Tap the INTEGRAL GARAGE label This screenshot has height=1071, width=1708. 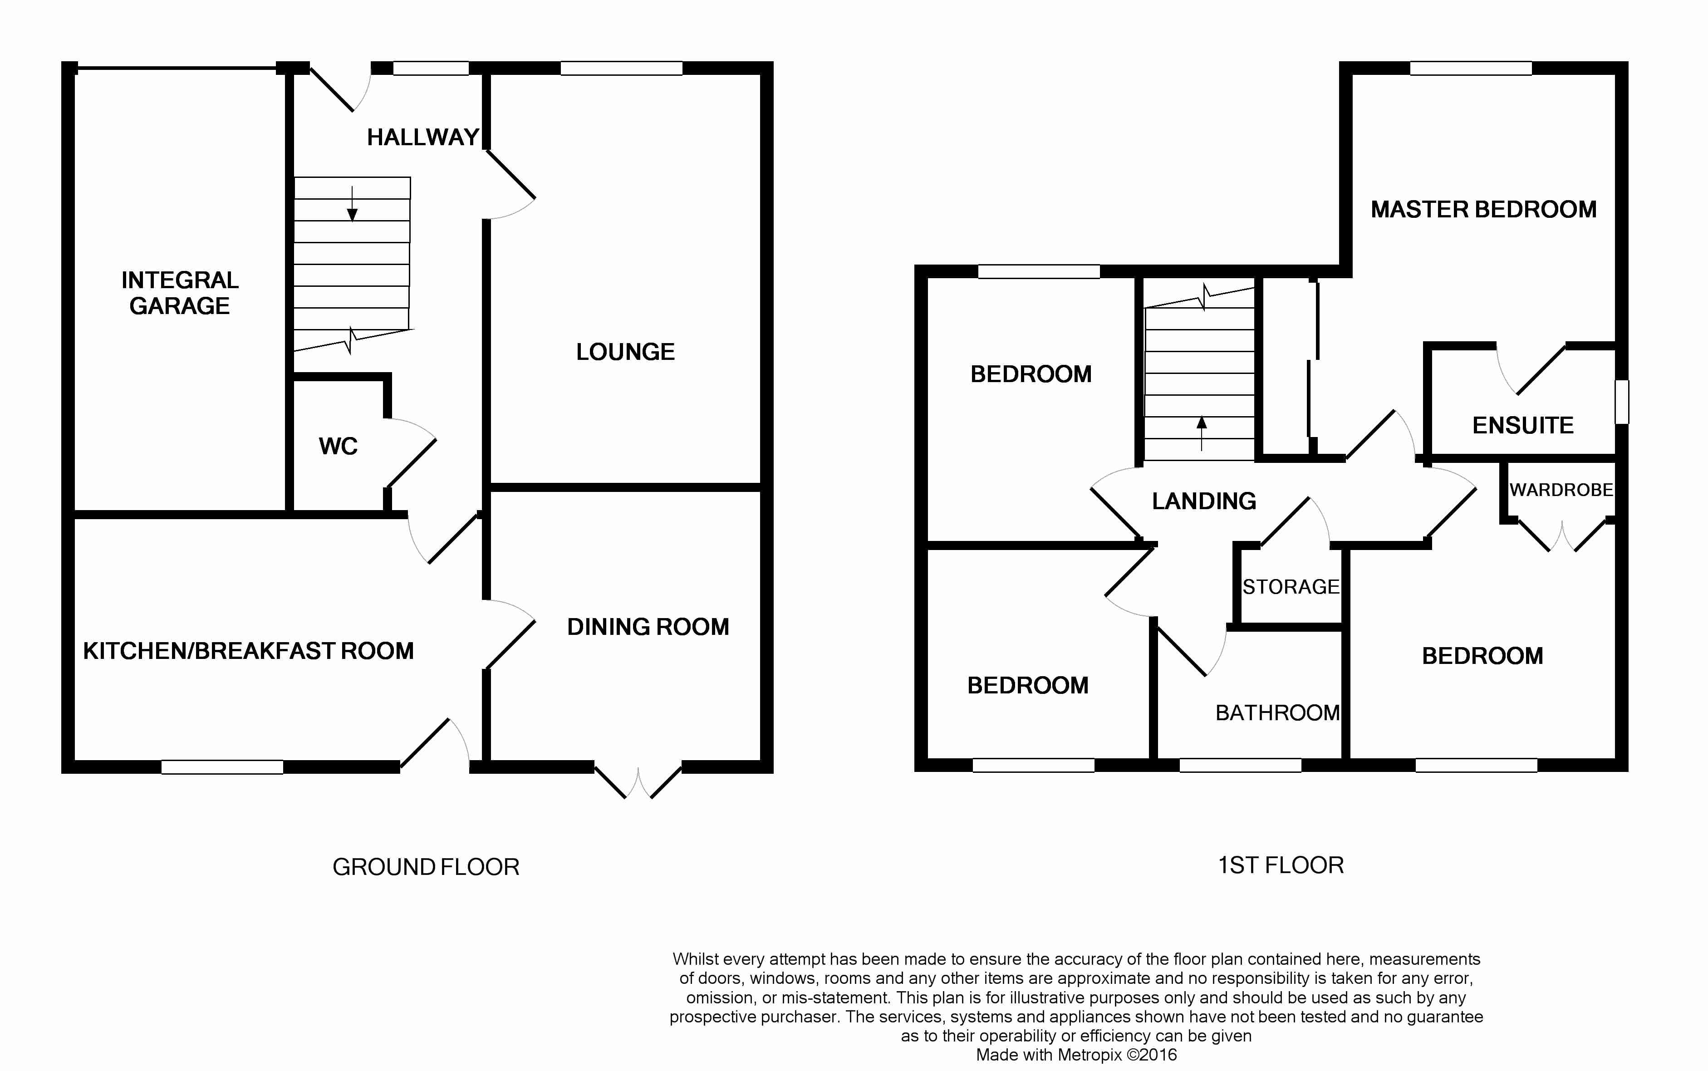coord(180,293)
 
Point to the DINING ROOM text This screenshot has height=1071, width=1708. coord(648,627)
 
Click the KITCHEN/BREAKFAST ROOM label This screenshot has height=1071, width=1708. coord(249,651)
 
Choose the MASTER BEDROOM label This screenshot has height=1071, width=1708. coord(1483,210)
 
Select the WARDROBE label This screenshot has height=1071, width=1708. coord(1561,490)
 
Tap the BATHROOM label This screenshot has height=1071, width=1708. coord(1277,712)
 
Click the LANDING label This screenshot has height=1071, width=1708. coord(1204,501)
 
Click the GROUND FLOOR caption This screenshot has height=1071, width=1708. coord(426,867)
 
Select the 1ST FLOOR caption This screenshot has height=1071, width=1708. coord(1280,865)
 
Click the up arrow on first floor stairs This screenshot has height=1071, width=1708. coord(1201,433)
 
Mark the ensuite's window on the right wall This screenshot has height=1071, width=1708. coord(1622,402)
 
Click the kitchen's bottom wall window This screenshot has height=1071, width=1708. coord(222,766)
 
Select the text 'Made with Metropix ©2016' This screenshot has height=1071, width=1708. coord(1076,1055)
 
